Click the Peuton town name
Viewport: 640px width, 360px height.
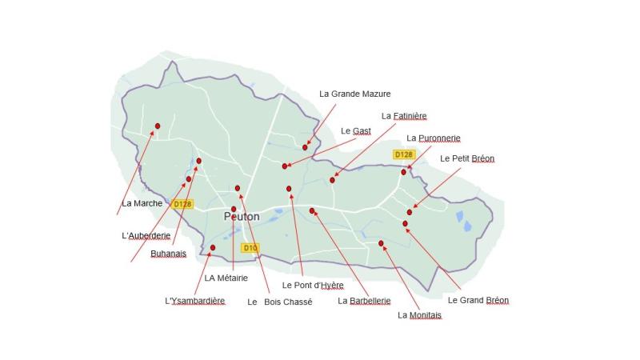[242, 216]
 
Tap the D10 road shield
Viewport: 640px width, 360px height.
[250, 248]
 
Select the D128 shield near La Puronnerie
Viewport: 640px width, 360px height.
[404, 154]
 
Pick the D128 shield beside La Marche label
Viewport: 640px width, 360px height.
[182, 204]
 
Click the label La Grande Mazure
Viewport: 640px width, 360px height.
[354, 94]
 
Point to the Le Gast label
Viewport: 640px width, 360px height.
[355, 130]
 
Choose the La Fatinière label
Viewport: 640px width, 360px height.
[404, 115]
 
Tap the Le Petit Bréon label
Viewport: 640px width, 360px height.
[467, 158]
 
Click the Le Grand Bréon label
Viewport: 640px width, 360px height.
[478, 300]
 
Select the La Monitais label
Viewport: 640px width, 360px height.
[419, 314]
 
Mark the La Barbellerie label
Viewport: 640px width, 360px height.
[364, 301]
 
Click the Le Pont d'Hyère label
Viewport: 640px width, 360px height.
[313, 285]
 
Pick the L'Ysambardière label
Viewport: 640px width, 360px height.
[194, 301]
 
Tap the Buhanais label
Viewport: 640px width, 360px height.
[168, 254]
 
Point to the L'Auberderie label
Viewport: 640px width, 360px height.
[146, 235]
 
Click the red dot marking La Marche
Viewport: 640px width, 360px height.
[158, 126]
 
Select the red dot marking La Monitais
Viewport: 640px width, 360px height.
[381, 243]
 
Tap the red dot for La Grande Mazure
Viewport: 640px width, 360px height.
[305, 147]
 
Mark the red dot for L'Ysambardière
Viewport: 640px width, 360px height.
[213, 247]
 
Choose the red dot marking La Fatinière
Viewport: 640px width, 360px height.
[332, 180]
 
